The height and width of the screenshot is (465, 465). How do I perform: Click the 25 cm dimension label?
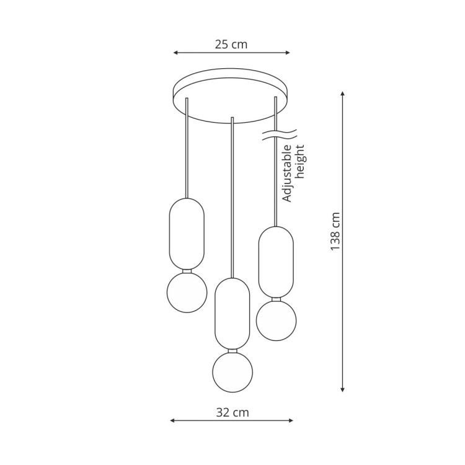[231, 44]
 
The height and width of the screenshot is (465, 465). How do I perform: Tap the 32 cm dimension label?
[232, 412]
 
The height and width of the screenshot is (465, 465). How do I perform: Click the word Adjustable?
[287, 174]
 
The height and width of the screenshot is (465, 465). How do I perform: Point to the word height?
[301, 162]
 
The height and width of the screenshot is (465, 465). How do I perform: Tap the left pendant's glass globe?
[186, 292]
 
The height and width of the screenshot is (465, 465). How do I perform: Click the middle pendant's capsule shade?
[232, 313]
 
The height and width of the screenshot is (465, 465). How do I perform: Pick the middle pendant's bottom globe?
[232, 372]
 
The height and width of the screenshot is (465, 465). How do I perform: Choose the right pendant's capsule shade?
[276, 261]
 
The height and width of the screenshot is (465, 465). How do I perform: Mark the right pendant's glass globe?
[276, 321]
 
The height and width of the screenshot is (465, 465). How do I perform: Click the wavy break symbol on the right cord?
[278, 135]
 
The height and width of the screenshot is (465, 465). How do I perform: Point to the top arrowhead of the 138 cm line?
[343, 95]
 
